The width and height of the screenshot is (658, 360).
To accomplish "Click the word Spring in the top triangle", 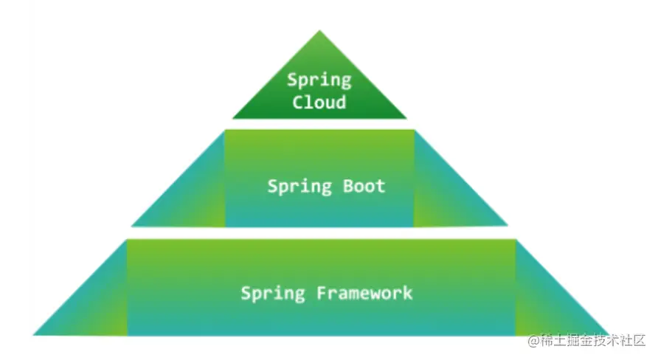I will click(x=319, y=80).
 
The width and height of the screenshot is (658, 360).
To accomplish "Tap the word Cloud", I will click(x=319, y=102).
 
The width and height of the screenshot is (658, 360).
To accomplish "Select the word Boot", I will click(x=364, y=186).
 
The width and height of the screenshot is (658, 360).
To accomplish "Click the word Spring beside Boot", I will click(x=299, y=187).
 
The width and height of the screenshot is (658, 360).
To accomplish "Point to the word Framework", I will click(x=364, y=293).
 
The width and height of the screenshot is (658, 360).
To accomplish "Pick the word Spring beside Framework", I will click(x=273, y=294).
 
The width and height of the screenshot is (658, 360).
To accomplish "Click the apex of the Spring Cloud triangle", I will click(x=319, y=32).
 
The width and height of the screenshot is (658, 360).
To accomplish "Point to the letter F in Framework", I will click(x=322, y=292).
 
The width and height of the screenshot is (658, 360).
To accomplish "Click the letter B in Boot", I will click(x=349, y=185).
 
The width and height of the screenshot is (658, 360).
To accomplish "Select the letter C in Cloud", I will click(x=298, y=102).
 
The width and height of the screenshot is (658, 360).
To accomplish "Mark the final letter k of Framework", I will click(x=407, y=292).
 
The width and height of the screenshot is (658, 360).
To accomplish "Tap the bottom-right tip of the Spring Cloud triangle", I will click(x=405, y=117).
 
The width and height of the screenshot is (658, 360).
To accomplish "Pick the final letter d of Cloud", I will click(x=340, y=102).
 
